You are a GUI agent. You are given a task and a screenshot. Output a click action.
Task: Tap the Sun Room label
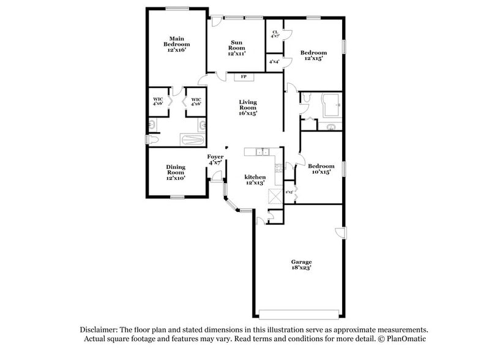(237, 48)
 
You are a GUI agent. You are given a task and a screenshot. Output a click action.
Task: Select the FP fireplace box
(243, 77)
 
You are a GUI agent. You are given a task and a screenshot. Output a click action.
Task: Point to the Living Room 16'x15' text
(248, 108)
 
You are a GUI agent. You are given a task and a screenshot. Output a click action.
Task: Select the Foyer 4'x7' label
(215, 160)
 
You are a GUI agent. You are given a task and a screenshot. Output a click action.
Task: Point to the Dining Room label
(176, 172)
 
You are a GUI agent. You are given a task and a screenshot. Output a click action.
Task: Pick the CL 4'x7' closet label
(275, 34)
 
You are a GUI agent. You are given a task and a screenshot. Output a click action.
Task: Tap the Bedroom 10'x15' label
(321, 169)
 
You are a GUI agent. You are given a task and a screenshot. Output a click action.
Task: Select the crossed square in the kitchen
(275, 196)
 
